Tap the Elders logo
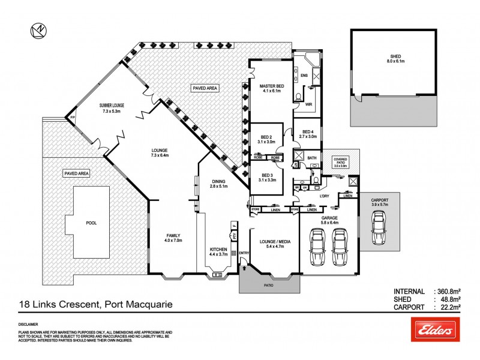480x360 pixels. click(x=433, y=329)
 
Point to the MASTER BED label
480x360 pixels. click(x=271, y=89)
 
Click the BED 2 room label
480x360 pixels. click(x=266, y=139)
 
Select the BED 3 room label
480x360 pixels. click(x=266, y=177)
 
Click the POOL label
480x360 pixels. click(x=91, y=223)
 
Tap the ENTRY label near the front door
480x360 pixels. click(x=244, y=253)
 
